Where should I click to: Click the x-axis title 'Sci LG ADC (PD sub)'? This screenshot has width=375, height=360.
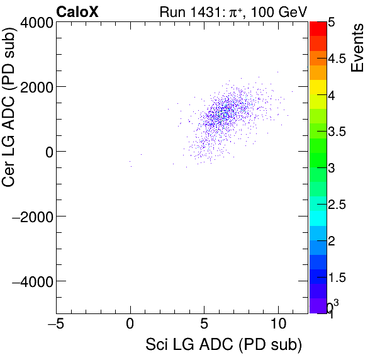(223, 345)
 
